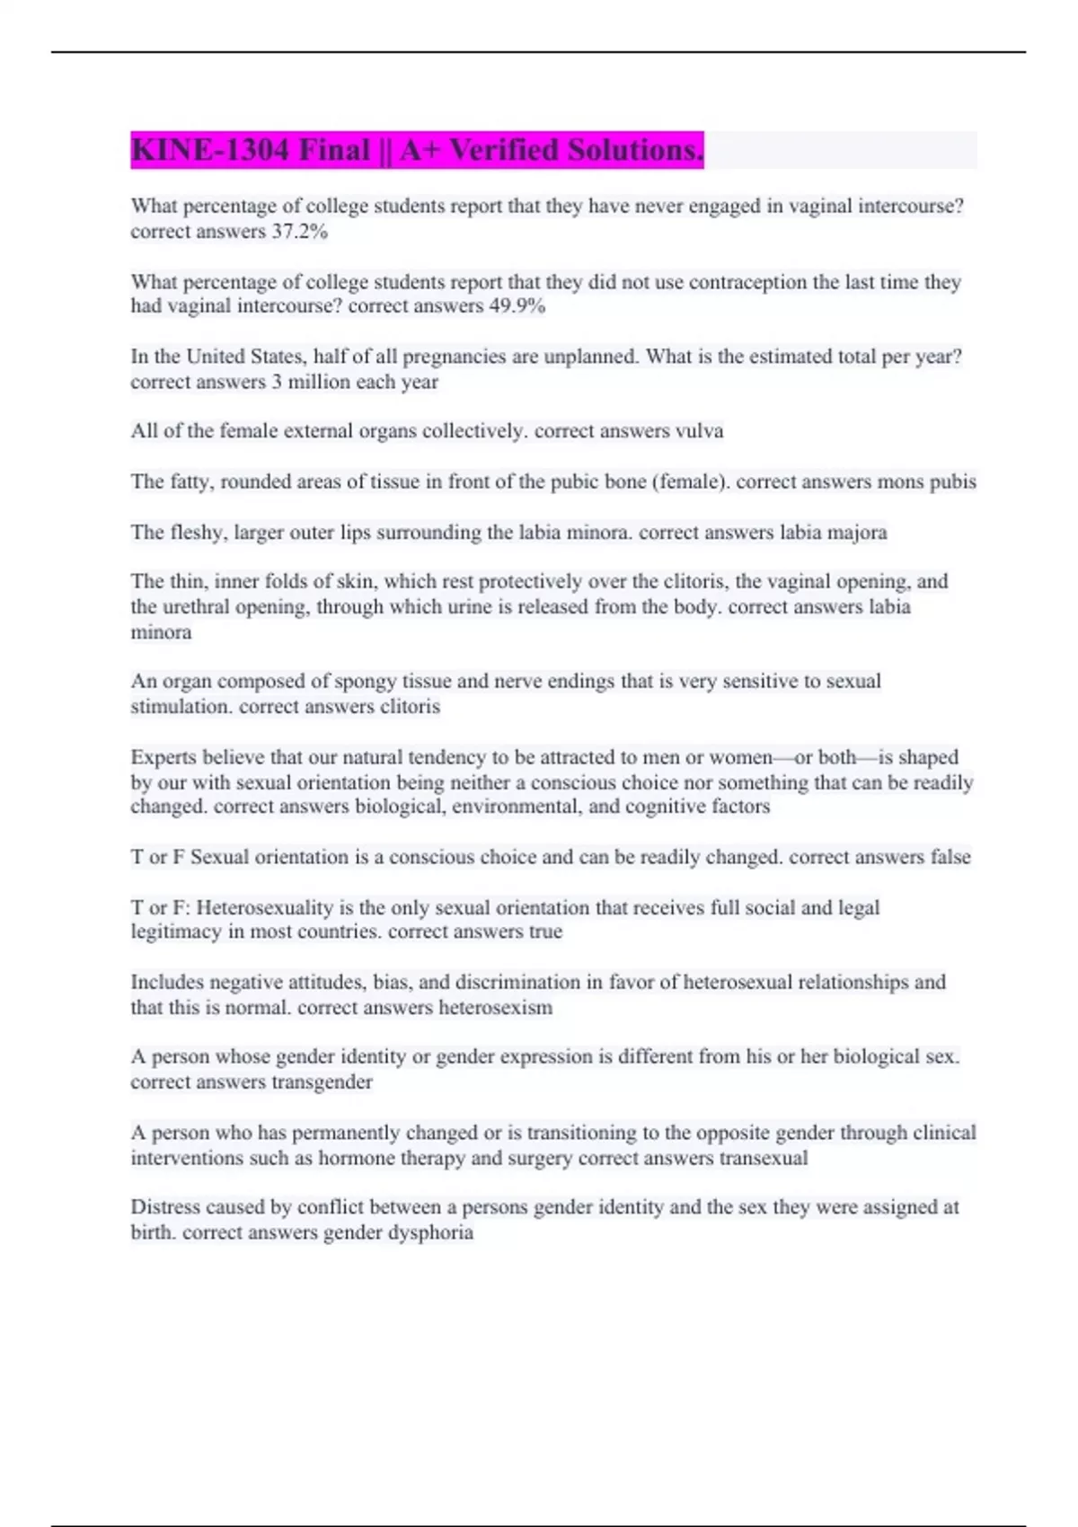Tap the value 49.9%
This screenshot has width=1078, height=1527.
[517, 306]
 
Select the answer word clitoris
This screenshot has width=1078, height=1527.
[410, 707]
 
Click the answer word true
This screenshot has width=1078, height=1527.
[545, 932]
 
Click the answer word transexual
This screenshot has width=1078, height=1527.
[764, 1158]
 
